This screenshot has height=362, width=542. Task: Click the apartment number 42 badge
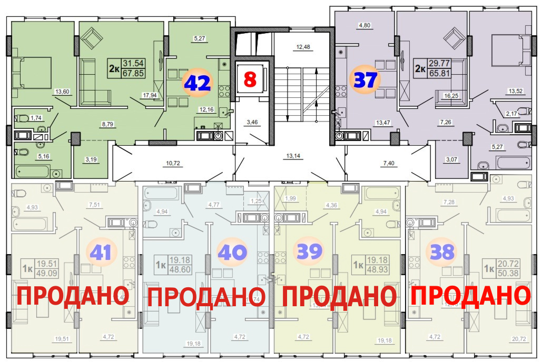[196, 83]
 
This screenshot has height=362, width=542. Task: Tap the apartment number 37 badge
[366, 81]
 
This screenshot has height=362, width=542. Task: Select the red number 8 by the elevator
[250, 80]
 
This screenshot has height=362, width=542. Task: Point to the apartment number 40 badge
[231, 253]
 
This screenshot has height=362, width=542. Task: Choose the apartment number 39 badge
[309, 252]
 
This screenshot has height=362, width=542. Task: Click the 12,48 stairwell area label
[302, 47]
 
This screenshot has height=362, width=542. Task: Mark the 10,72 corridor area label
[173, 164]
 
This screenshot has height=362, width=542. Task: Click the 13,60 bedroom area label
[61, 92]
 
